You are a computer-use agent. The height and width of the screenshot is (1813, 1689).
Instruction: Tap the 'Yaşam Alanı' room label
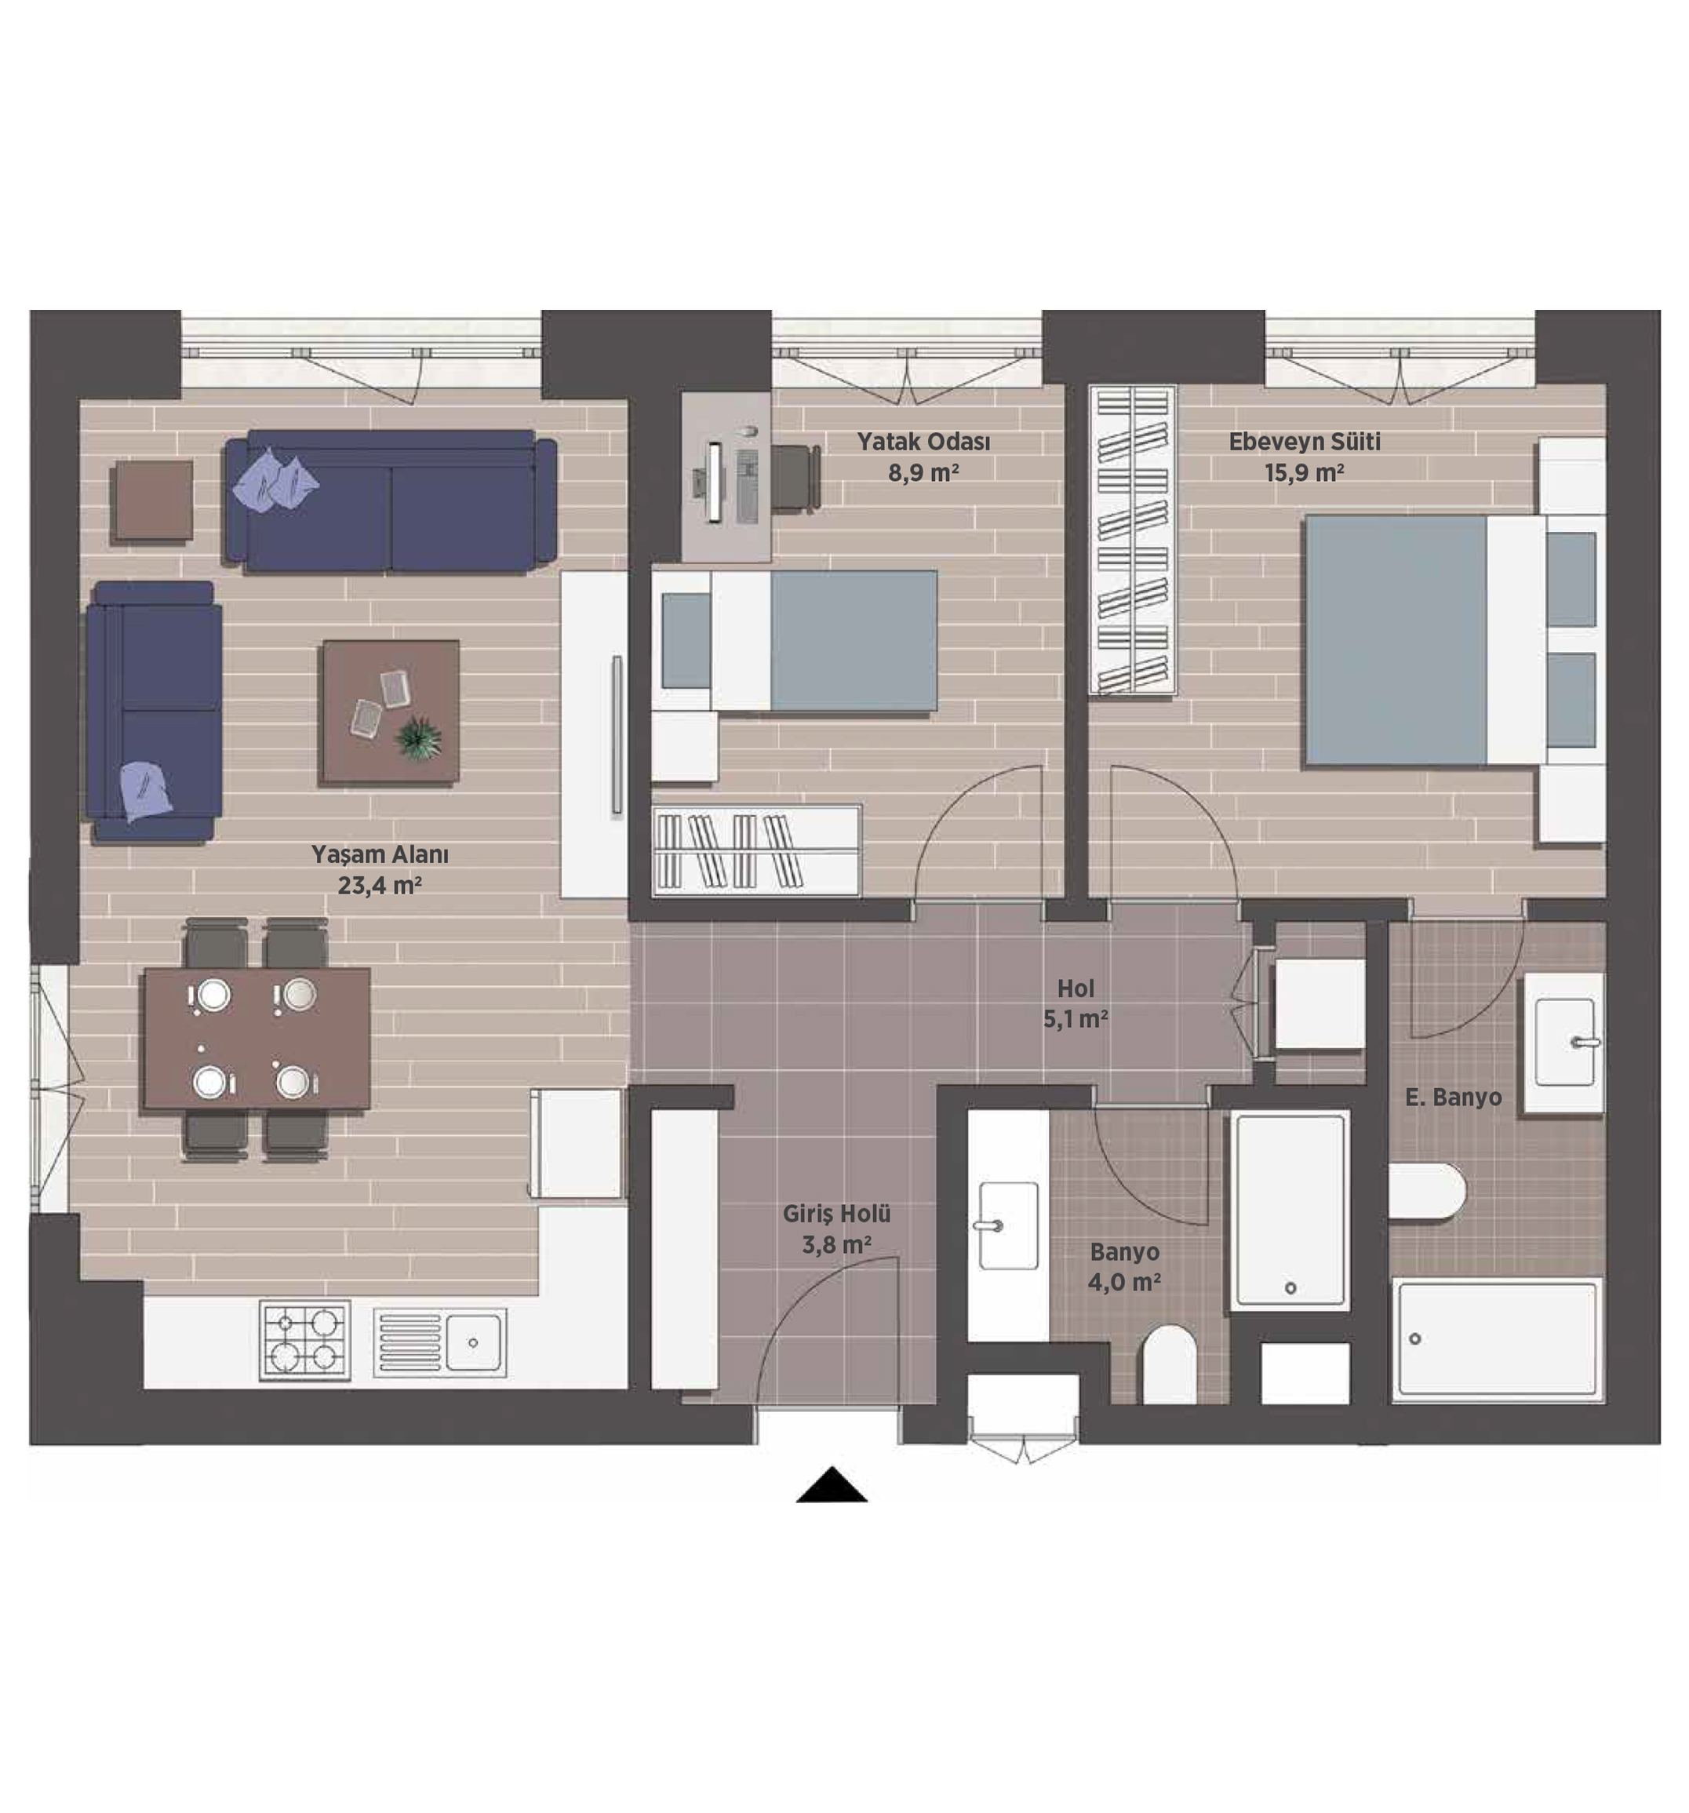tap(380, 854)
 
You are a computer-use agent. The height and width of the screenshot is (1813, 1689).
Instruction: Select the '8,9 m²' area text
tap(923, 472)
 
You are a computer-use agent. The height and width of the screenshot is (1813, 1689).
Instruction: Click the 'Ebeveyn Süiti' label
tap(1304, 442)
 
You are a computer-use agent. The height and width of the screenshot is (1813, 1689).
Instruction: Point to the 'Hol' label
tap(1076, 988)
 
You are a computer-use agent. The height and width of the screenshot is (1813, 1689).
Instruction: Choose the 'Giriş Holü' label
tap(836, 1214)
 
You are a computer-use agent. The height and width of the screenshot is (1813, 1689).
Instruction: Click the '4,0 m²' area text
tap(1123, 1282)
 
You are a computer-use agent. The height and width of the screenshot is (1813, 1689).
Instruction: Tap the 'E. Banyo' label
tap(1453, 1097)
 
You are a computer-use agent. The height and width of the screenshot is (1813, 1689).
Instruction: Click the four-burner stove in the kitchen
tap(304, 1340)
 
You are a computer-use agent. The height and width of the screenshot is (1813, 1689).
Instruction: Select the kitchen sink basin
tap(472, 1342)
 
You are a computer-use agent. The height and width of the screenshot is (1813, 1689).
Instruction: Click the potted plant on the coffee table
tap(419, 736)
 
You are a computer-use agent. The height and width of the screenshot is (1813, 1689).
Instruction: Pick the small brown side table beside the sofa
tap(152, 503)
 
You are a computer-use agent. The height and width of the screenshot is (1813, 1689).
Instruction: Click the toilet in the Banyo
tap(1168, 1365)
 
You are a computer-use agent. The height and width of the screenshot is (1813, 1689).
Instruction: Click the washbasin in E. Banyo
tap(1564, 1042)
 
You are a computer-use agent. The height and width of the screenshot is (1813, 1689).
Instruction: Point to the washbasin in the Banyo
tap(1008, 1225)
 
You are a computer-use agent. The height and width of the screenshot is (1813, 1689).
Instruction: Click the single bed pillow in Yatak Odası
tap(685, 640)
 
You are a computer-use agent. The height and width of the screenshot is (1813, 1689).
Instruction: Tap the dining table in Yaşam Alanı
tap(257, 1039)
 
